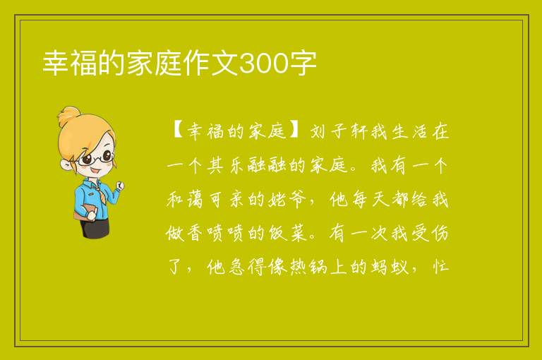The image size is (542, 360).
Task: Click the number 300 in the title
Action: point(264,64)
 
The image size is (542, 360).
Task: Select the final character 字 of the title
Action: point(303,64)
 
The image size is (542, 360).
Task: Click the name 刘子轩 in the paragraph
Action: point(338,132)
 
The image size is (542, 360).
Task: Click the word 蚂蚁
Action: point(390,267)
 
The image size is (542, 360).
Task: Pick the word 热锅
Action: point(308,267)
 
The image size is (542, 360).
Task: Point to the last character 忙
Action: point(440,267)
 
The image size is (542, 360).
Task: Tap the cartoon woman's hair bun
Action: point(69,116)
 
